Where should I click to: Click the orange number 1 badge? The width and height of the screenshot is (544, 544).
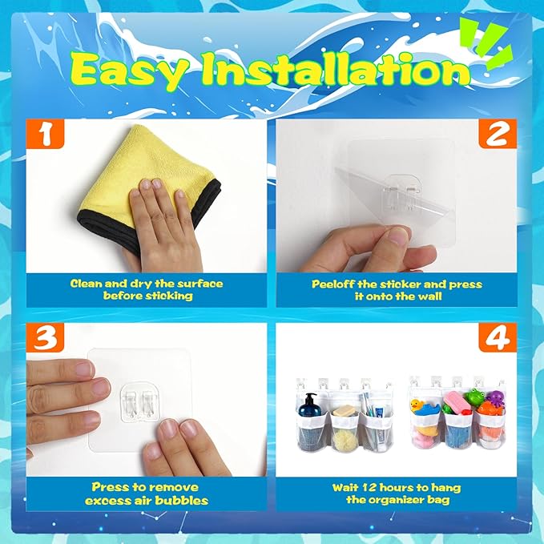[45, 134]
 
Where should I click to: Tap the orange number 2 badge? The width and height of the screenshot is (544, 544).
[498, 134]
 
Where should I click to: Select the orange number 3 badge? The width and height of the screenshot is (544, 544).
[45, 337]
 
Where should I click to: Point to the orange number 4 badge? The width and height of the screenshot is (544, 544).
[498, 337]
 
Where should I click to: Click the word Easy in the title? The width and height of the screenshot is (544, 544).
[130, 72]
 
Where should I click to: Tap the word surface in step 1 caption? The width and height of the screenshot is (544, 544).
[200, 284]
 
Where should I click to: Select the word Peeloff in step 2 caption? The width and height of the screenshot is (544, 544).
[332, 284]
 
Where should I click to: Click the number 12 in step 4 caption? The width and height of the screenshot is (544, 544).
[369, 488]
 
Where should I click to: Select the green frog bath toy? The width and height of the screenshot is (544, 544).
[474, 397]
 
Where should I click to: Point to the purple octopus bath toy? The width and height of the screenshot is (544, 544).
[495, 397]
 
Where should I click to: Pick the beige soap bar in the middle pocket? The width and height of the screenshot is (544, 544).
[345, 411]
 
